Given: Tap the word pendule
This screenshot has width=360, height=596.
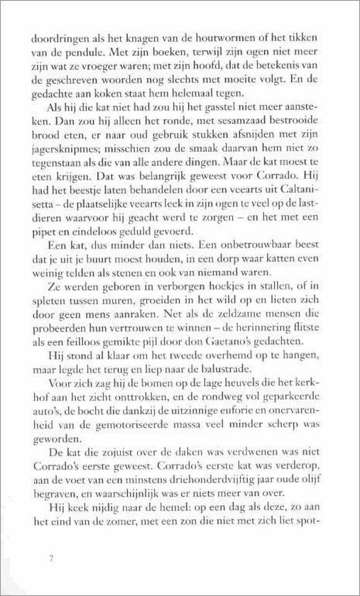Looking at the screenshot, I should point(84,52).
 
